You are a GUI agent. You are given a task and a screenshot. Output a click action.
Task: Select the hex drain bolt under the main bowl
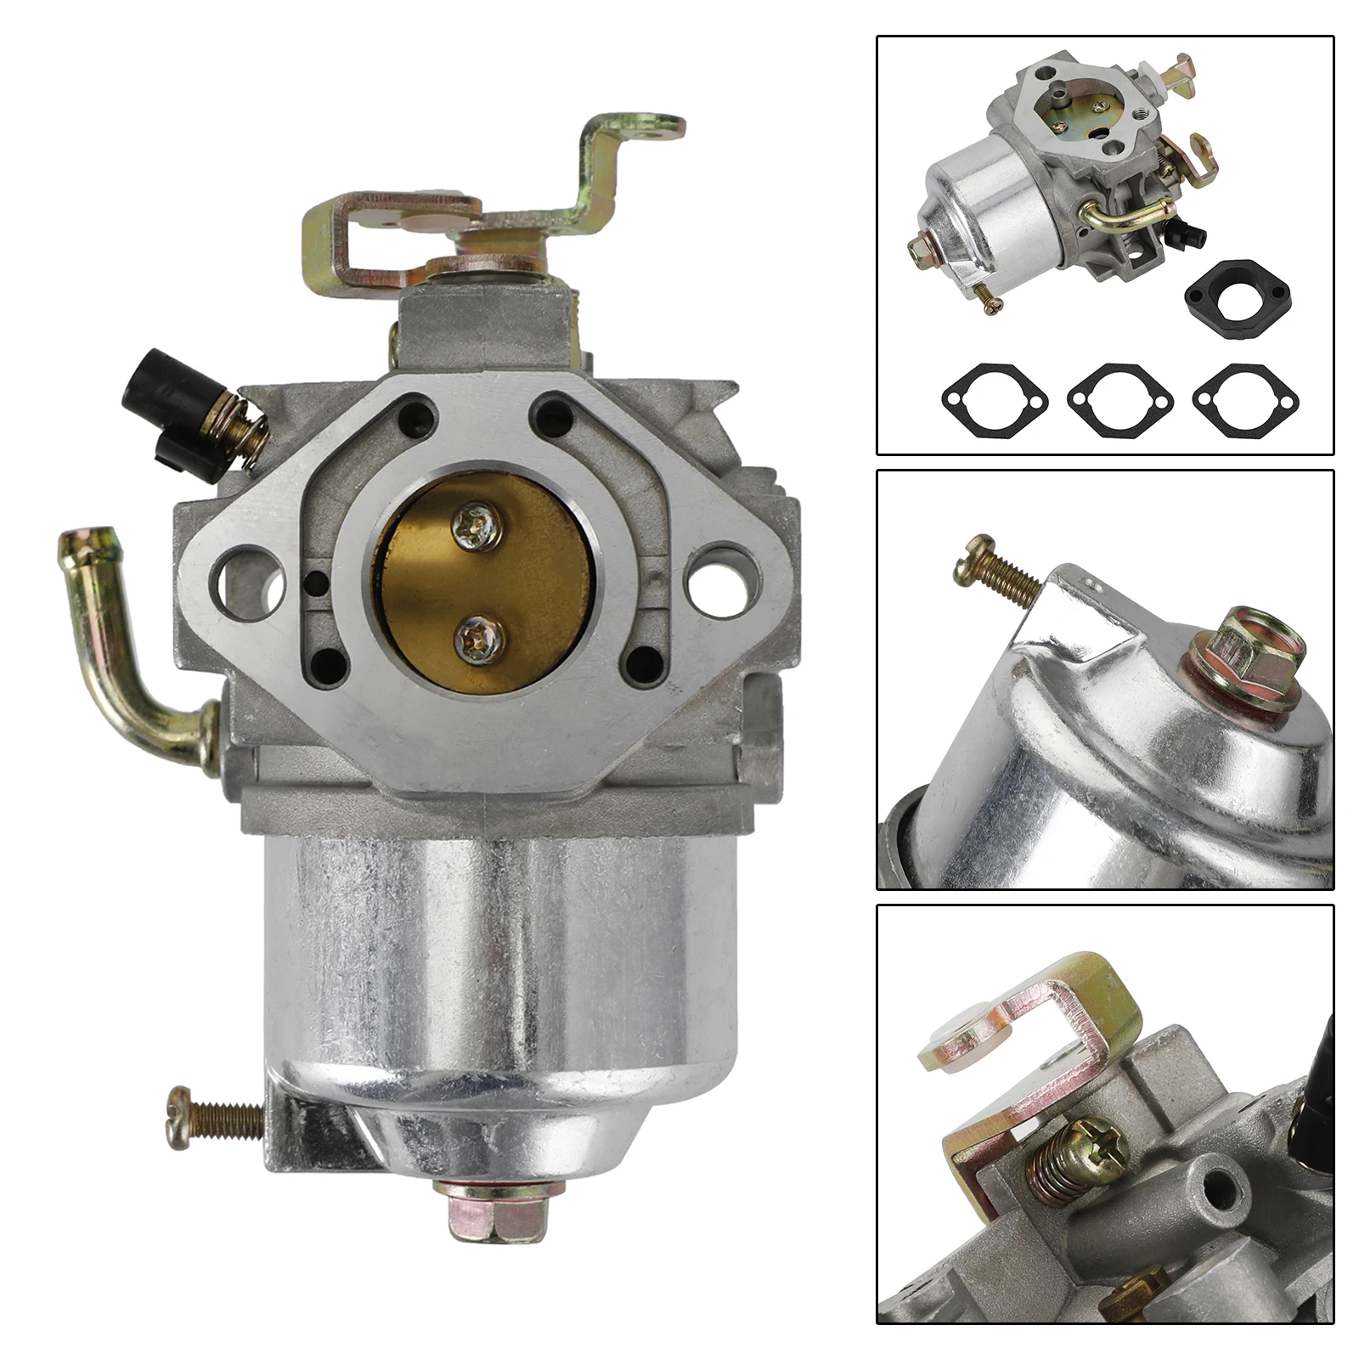[x=498, y=1207]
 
